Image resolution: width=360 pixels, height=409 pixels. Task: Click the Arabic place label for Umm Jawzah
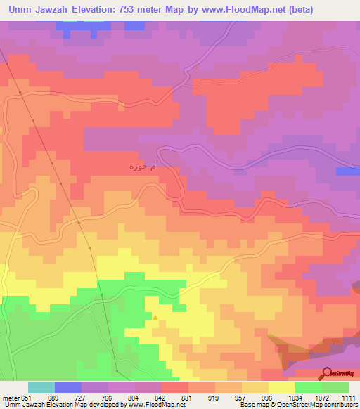pyautogui.click(x=142, y=167)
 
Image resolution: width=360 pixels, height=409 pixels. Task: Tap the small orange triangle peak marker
pyautogui.click(x=155, y=317)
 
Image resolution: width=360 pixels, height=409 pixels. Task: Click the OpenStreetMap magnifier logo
pyautogui.click(x=328, y=372)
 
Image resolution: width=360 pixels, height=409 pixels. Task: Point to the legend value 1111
pyautogui.click(x=349, y=398)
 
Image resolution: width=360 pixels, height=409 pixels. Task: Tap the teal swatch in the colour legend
pyautogui.click(x=41, y=387)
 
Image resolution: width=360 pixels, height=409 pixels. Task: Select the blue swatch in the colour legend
pyautogui.click(x=68, y=387)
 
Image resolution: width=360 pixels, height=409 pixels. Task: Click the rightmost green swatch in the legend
pyautogui.click(x=335, y=387)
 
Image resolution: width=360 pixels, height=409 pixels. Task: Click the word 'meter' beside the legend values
pyautogui.click(x=12, y=398)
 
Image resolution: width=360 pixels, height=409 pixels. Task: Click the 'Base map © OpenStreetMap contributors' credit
pyautogui.click(x=298, y=405)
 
